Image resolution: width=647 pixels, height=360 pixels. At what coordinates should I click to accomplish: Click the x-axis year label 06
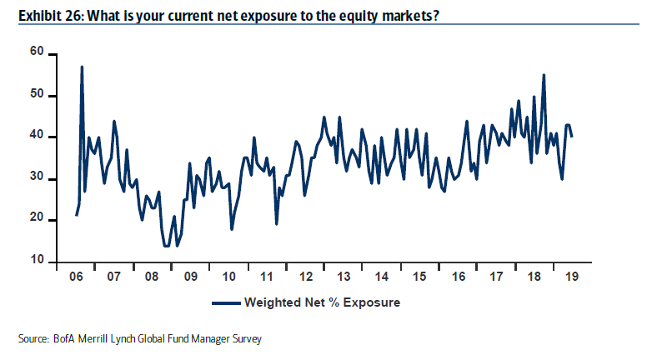(x=75, y=276)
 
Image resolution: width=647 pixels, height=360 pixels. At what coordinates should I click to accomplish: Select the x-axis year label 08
(x=151, y=276)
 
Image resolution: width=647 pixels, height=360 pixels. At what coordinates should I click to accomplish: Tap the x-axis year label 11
(x=266, y=276)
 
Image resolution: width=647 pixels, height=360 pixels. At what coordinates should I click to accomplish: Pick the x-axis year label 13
(x=344, y=276)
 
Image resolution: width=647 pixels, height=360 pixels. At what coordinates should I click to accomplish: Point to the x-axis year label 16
(x=458, y=276)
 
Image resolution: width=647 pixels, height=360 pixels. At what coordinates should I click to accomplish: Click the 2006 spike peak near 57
(x=82, y=67)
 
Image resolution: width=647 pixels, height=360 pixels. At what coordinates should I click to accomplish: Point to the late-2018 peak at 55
(x=544, y=75)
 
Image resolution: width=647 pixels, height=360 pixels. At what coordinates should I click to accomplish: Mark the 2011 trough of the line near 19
(x=276, y=223)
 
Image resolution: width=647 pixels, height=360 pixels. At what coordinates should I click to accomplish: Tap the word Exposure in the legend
(x=371, y=302)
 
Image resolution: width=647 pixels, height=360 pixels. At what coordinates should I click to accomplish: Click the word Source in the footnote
(x=33, y=339)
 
